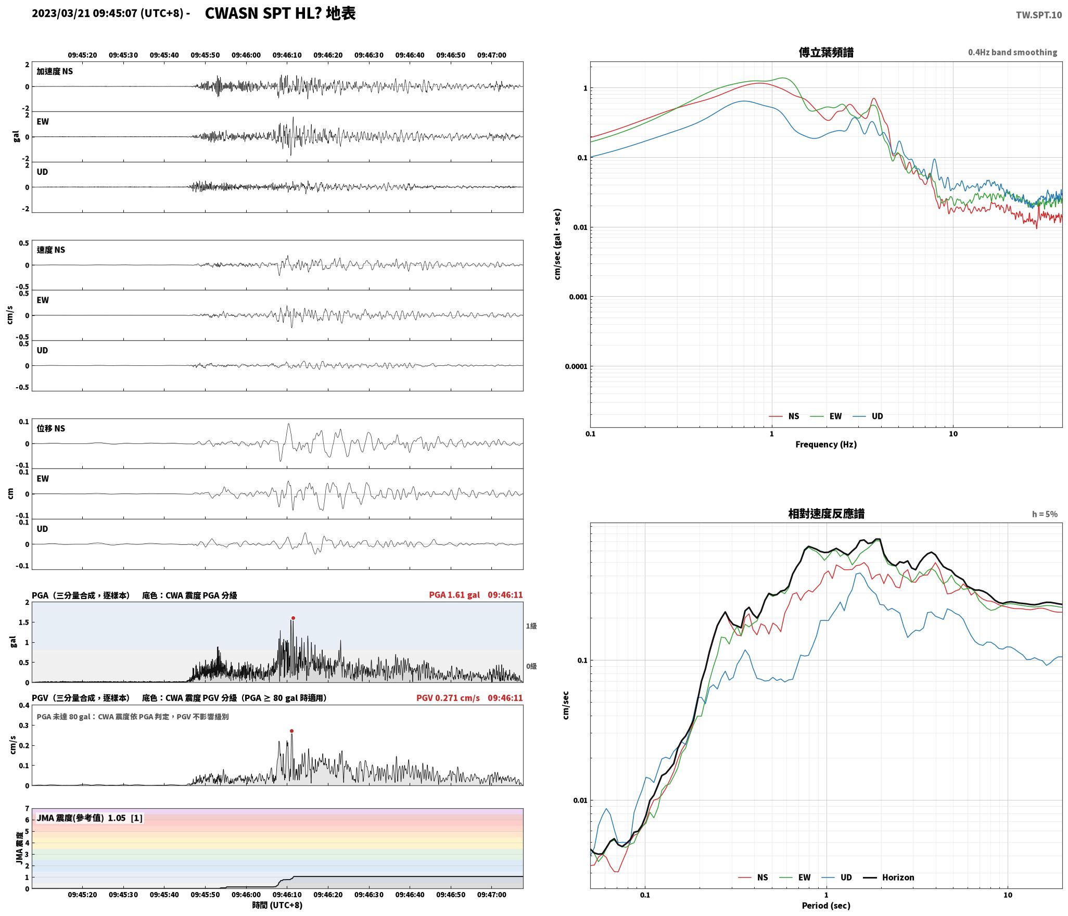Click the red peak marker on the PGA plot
(x=293, y=618)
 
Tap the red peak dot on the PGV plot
(x=291, y=731)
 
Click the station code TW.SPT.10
(x=1038, y=15)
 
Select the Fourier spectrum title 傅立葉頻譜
(x=826, y=52)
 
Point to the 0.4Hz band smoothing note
(x=1012, y=53)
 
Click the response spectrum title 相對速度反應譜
(x=826, y=514)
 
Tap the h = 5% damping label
(x=1045, y=514)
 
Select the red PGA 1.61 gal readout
(x=454, y=595)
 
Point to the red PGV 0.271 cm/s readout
(x=448, y=697)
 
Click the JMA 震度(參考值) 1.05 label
(x=89, y=818)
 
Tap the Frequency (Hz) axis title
(x=826, y=444)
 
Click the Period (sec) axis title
(x=826, y=906)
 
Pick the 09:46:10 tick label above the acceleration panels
(x=287, y=55)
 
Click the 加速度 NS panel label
(x=55, y=71)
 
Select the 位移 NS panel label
(x=50, y=428)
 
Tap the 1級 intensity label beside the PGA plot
(x=531, y=626)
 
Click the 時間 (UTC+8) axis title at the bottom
(x=277, y=905)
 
